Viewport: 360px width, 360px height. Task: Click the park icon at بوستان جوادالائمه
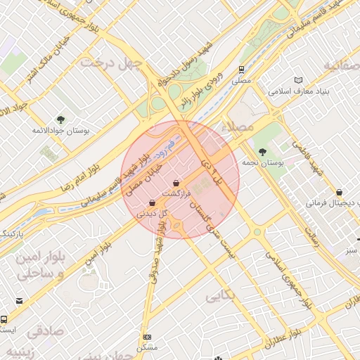tap(60, 119)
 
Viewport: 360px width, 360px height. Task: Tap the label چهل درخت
tap(112, 63)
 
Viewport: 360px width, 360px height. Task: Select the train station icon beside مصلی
tap(241, 70)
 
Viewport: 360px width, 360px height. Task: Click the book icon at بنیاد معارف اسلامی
tap(300, 80)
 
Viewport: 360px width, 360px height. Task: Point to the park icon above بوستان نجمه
tap(262, 151)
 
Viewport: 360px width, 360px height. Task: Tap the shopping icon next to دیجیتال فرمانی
tap(340, 192)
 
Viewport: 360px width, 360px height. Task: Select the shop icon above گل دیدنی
tap(152, 202)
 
